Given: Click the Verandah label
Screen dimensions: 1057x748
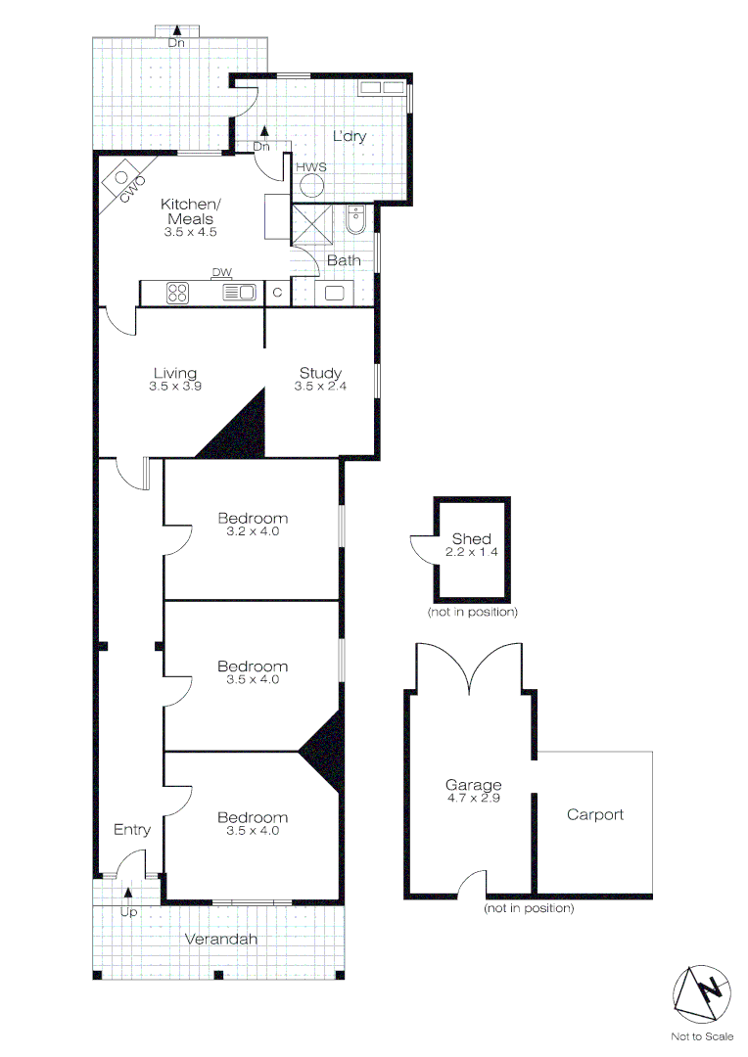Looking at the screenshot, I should [x=221, y=940].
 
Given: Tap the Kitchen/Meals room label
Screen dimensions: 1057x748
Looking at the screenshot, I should [x=191, y=210].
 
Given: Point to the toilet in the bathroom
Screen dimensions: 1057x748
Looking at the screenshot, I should [x=354, y=223].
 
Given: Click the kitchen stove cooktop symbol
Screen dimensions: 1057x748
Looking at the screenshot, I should [x=178, y=291].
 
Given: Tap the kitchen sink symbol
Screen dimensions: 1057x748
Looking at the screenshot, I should [x=240, y=291].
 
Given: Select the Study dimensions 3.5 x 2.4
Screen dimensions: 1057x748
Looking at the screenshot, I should [x=320, y=387].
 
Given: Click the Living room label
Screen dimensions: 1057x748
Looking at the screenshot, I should [x=175, y=373].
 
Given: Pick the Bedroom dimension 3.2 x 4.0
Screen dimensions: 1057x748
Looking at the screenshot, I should [x=254, y=531].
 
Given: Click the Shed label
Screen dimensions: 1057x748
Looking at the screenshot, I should [x=471, y=539].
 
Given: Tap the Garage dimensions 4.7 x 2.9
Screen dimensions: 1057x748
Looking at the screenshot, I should [x=474, y=798].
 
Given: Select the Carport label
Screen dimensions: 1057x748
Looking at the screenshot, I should [x=595, y=814].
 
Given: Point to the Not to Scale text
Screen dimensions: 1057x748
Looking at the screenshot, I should [x=702, y=1036].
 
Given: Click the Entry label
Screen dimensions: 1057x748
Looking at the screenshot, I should [x=132, y=830].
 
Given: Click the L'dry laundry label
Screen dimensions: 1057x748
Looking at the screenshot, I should [x=349, y=136].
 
